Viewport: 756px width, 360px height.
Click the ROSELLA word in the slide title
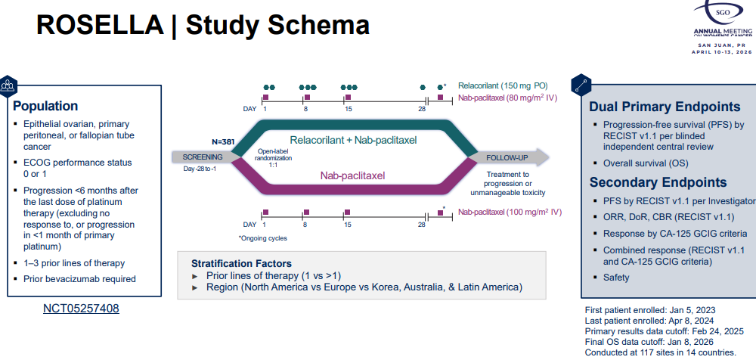[x=98, y=25]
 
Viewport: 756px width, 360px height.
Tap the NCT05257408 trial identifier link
[x=80, y=309]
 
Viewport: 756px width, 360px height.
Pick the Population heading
[x=45, y=106]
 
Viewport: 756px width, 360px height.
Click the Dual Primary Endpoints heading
[x=665, y=107]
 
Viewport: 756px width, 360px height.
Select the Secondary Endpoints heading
[x=658, y=182]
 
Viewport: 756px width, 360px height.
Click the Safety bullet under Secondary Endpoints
[x=616, y=278]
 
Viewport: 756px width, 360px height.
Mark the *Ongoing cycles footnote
[x=264, y=238]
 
